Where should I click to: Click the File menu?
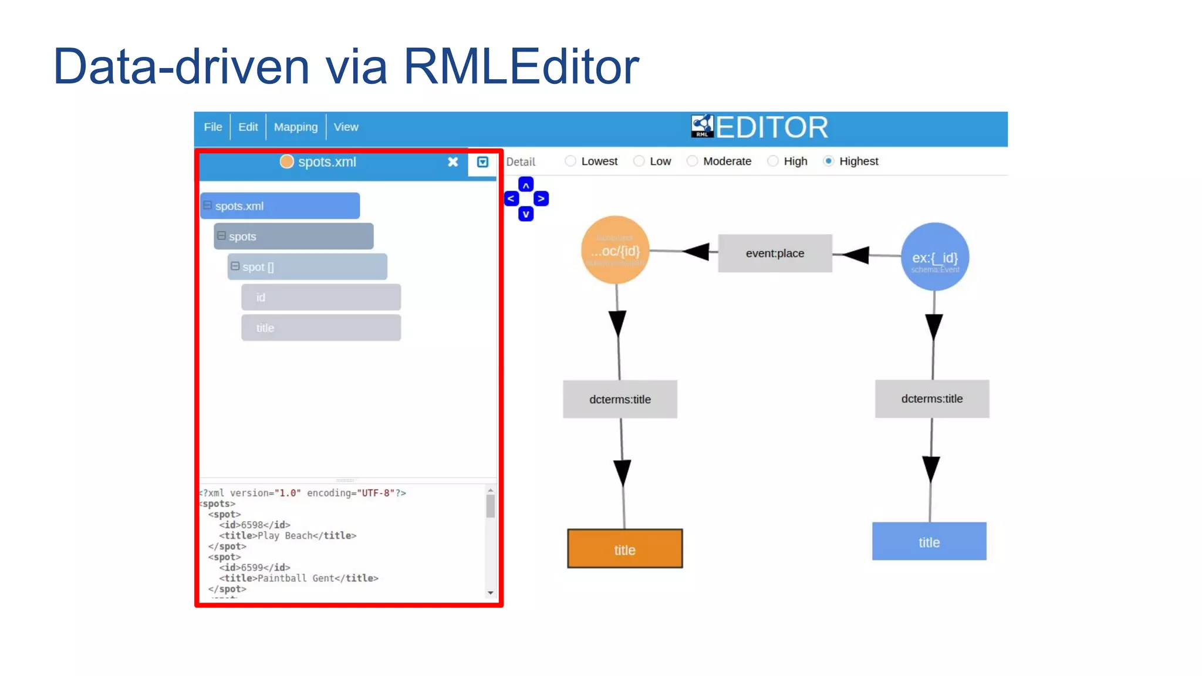212,127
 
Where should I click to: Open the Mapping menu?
295,127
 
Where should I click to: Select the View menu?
346,127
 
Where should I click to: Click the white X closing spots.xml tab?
453,162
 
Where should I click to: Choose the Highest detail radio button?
828,161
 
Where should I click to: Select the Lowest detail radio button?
570,161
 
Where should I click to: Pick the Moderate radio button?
692,161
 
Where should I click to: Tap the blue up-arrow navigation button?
526,185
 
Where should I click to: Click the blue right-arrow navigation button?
541,199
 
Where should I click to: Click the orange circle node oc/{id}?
615,251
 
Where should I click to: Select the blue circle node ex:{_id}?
934,257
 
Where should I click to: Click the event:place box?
775,253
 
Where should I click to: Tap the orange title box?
624,549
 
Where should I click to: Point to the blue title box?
928,542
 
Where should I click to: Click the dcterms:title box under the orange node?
620,399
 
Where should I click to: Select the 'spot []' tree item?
308,267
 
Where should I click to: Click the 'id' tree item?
320,298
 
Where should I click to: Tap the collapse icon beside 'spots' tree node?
221,236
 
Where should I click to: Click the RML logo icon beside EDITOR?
702,126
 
